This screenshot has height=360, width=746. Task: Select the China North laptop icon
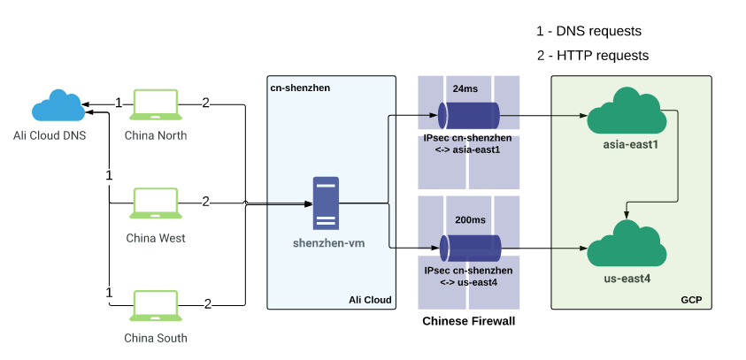[156, 104]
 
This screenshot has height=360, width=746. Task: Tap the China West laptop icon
[156, 203]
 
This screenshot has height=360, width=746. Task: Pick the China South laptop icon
[156, 305]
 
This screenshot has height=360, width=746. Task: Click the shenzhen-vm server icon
[326, 203]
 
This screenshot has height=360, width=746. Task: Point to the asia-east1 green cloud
[626, 111]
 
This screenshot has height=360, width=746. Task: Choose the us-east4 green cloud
[626, 242]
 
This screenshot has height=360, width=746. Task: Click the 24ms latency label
[465, 89]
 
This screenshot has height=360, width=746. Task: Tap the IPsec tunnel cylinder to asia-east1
[469, 115]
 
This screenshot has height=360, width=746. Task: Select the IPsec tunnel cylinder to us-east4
[469, 247]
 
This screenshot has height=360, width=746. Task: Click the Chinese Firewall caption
[468, 321]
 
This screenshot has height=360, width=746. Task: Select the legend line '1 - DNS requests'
[588, 31]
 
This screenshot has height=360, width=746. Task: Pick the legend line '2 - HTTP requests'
[592, 55]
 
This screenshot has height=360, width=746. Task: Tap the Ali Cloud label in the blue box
[370, 300]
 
